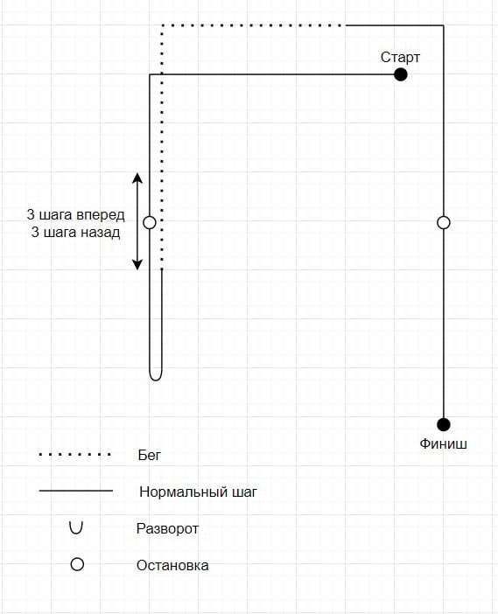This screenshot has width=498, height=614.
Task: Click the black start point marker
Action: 401,74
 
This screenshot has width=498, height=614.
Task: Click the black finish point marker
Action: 444,424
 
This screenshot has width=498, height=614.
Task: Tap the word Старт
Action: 400,57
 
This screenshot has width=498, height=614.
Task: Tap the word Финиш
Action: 443,443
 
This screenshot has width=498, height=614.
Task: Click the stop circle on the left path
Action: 150,222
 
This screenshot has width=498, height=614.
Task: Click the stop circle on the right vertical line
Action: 444,222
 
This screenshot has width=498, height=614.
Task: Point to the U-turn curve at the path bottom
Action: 156,379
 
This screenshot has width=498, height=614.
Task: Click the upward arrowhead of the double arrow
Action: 137,178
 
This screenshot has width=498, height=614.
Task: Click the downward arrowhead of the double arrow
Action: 137,264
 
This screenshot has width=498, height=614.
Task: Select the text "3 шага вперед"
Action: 75,214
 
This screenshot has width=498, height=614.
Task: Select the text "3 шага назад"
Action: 75,232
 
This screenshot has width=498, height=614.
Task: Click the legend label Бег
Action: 150,455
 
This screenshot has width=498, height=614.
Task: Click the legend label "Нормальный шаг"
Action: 199,492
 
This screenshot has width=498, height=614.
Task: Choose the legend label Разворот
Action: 167,528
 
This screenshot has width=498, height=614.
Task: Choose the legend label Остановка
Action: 172,565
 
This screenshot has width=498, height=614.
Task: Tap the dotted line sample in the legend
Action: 75,455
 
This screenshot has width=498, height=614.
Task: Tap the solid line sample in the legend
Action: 76,491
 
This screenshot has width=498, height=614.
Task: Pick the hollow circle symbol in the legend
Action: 77,564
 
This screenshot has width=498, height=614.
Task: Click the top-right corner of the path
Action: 444,25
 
